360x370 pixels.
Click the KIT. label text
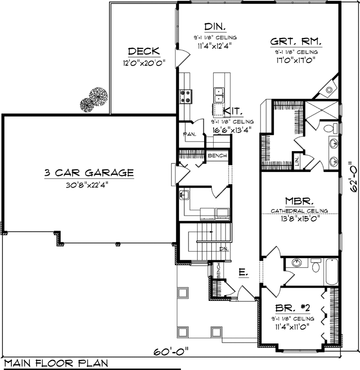tap(234, 111)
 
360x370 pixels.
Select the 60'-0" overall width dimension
tap(171, 352)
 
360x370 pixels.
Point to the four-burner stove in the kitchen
tap(184, 96)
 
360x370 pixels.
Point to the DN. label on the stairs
tap(224, 248)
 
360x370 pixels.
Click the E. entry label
tap(243, 272)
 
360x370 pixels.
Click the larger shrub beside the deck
tap(98, 97)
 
